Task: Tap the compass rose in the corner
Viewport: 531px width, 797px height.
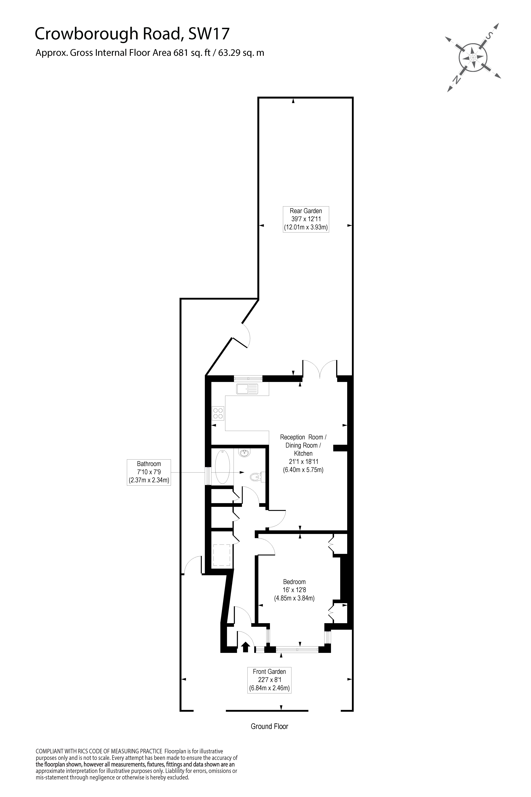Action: coord(473,57)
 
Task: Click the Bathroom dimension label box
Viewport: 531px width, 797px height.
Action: coord(149,472)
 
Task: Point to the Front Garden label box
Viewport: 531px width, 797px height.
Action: coord(269,680)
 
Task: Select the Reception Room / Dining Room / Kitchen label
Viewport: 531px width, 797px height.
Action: coord(303,453)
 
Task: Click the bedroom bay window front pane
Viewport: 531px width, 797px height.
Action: coord(297,650)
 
